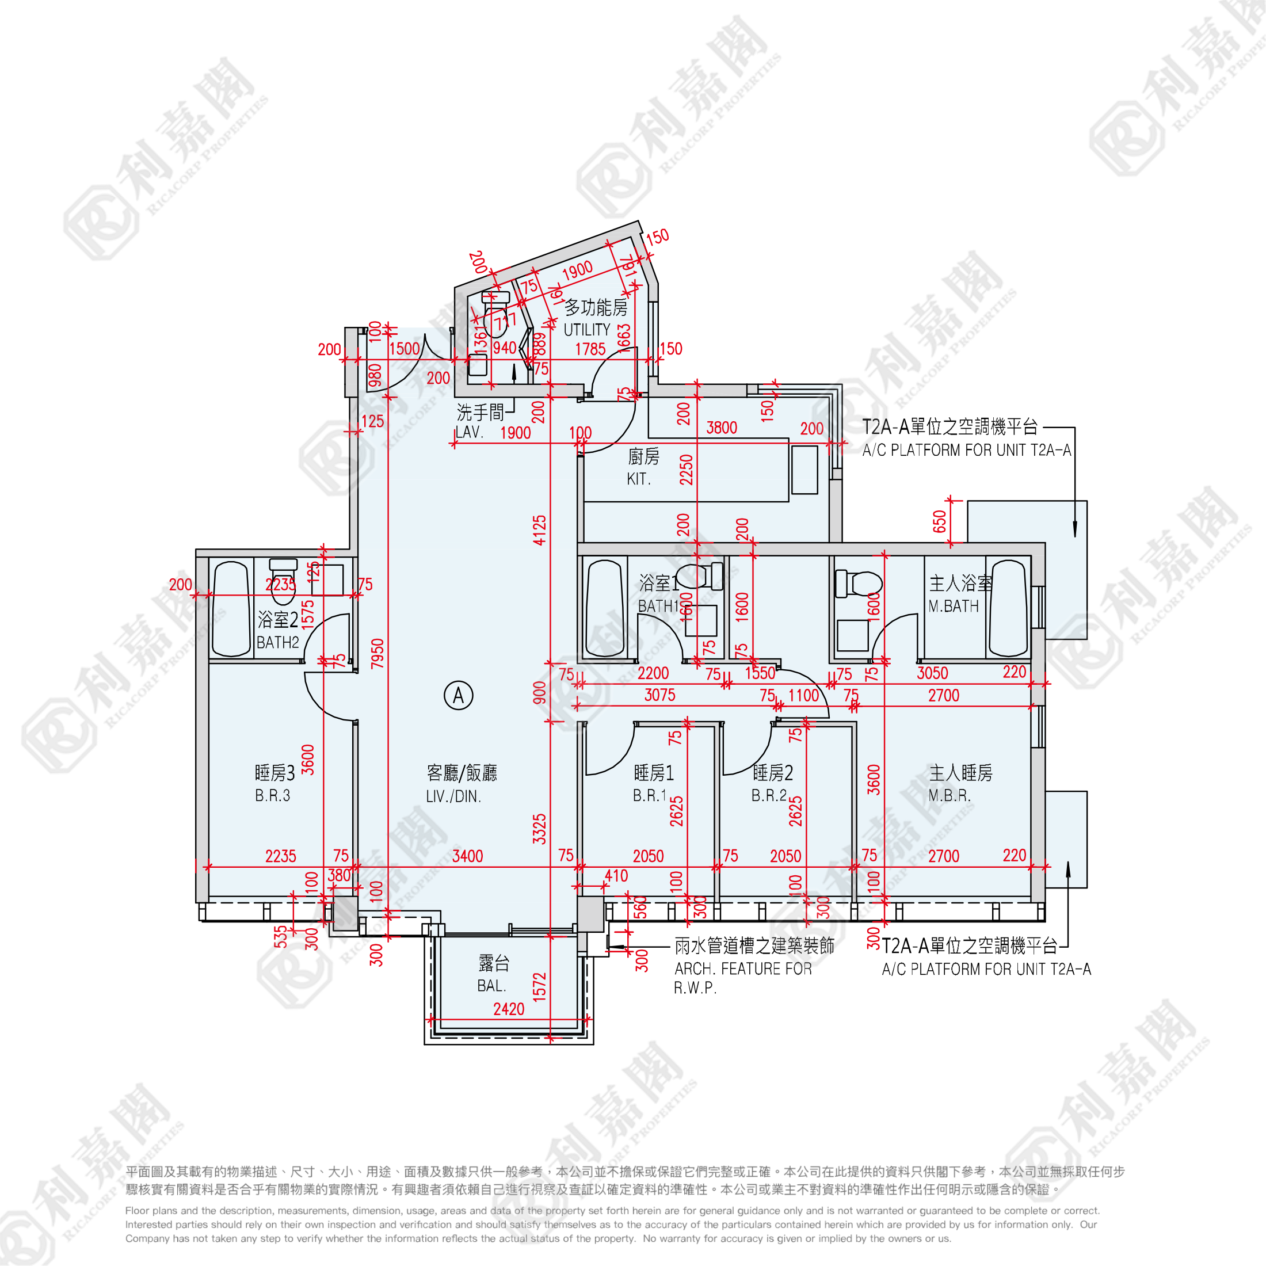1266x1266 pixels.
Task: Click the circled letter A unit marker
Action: (x=458, y=695)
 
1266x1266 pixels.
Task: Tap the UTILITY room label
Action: (x=586, y=330)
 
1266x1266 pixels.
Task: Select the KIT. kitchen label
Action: (x=638, y=479)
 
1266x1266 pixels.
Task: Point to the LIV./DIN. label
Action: (x=453, y=796)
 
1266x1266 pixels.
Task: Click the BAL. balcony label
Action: (x=491, y=986)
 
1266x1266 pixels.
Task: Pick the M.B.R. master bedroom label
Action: (x=949, y=795)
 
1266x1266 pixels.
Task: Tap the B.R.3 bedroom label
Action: (x=273, y=795)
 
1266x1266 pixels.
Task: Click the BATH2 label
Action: (x=278, y=643)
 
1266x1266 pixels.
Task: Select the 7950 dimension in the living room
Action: (x=377, y=653)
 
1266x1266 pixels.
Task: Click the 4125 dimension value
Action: (x=539, y=530)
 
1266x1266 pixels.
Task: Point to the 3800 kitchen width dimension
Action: (x=722, y=428)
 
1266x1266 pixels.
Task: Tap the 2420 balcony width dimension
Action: (x=509, y=1009)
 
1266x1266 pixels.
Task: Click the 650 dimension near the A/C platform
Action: (x=940, y=521)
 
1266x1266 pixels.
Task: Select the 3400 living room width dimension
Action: (x=467, y=856)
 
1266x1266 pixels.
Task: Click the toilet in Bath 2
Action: (x=283, y=580)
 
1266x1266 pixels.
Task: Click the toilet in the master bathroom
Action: (x=859, y=582)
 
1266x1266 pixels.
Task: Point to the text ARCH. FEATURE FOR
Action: (x=743, y=968)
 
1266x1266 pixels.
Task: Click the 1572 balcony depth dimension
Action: (x=539, y=986)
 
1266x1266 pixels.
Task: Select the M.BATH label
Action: (x=954, y=607)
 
